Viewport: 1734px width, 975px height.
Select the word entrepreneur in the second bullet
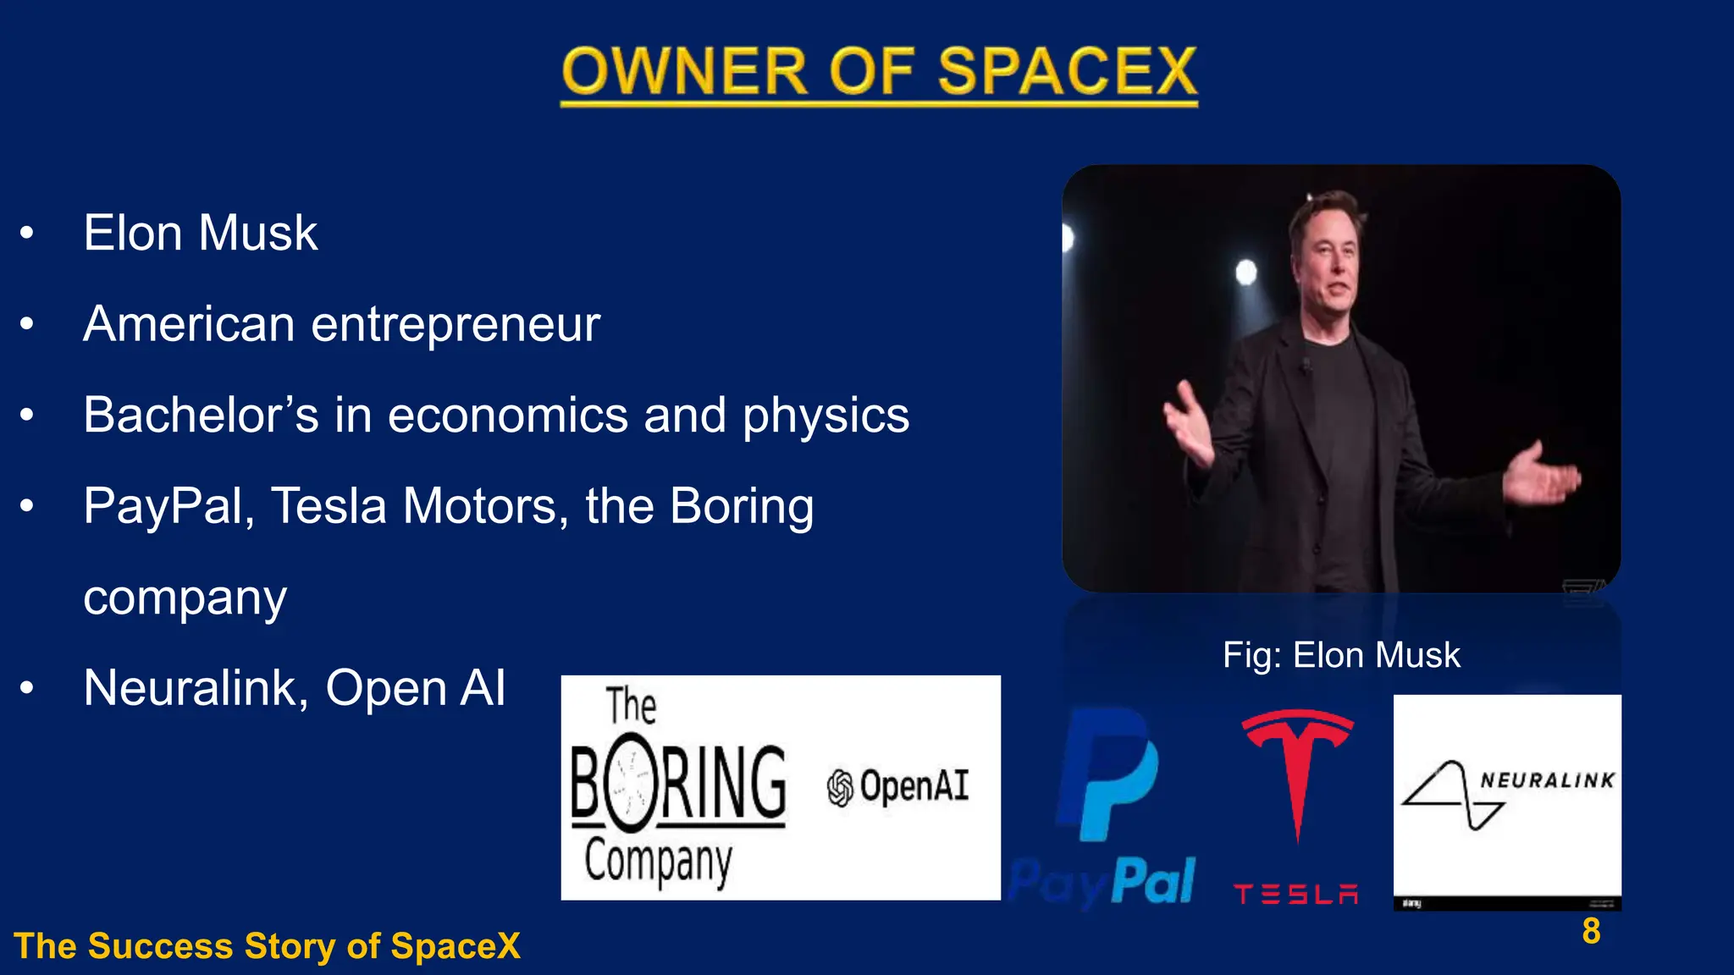[456, 325]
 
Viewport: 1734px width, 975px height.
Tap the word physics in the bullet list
[826, 416]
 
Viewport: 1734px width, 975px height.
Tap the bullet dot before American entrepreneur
[27, 323]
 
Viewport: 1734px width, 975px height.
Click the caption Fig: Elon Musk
[1341, 655]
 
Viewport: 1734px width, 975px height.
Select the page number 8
[1591, 931]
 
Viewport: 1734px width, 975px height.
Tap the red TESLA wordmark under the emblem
[1295, 895]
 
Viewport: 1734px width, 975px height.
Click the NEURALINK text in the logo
[1547, 780]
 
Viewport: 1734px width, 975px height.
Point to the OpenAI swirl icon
[840, 788]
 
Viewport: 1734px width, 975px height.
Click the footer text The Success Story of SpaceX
[267, 946]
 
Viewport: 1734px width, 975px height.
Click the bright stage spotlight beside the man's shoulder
[1246, 273]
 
